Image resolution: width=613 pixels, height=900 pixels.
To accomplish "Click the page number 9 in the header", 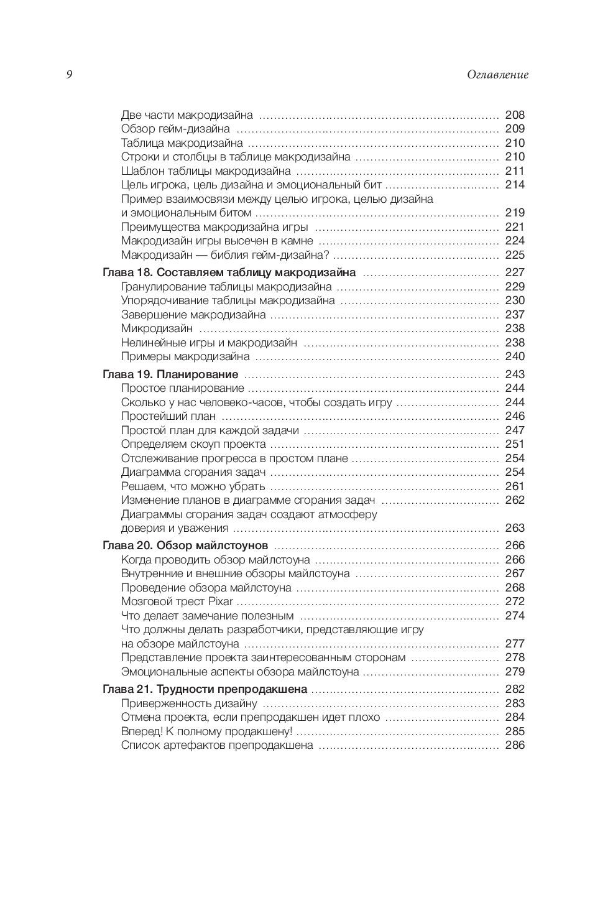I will tap(69, 75).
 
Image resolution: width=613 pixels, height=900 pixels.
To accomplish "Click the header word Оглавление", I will tap(497, 75).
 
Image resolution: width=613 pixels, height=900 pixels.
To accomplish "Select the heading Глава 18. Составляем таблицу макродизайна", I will tap(228, 272).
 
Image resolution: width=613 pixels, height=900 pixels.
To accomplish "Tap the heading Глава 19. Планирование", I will tap(170, 374).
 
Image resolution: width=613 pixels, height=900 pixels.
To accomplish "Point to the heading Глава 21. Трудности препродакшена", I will tap(205, 689).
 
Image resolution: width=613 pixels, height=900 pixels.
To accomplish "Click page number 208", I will tap(515, 115).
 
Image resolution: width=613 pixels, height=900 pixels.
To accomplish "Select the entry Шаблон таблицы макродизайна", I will tap(206, 171).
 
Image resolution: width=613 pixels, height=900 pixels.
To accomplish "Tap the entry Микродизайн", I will tap(157, 328).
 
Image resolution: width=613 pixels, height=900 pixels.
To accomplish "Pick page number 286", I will tap(515, 745).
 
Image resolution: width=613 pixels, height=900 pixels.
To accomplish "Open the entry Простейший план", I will tap(168, 416).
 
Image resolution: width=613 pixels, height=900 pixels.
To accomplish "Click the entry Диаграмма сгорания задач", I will tap(194, 472).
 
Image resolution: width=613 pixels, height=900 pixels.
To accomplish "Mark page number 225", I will tap(515, 255).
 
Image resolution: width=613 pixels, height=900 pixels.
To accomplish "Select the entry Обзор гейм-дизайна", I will tap(175, 129).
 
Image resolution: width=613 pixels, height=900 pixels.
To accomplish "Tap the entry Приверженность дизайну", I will tap(189, 703).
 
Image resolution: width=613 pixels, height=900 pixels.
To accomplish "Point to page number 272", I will tap(515, 601).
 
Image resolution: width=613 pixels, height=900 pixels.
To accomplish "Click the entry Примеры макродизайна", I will tap(185, 356).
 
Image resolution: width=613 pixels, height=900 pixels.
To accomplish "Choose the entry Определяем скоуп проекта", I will tap(193, 444).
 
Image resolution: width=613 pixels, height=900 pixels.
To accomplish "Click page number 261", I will tap(515, 486).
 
